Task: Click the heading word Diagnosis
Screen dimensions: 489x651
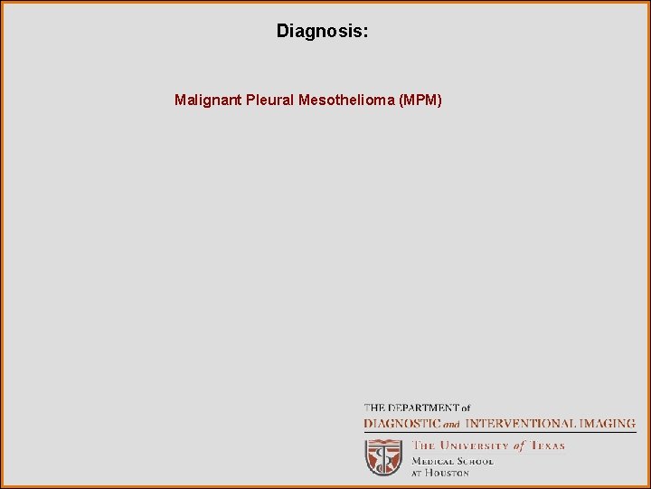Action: point(318,32)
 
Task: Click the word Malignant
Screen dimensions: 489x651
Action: point(208,100)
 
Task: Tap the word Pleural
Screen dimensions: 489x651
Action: point(269,100)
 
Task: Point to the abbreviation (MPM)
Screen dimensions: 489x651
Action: point(420,100)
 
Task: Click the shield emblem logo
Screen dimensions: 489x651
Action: point(383,457)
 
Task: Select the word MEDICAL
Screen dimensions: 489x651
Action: point(430,461)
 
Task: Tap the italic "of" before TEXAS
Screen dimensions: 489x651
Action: point(519,446)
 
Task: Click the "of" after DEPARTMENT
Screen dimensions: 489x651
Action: point(465,408)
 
